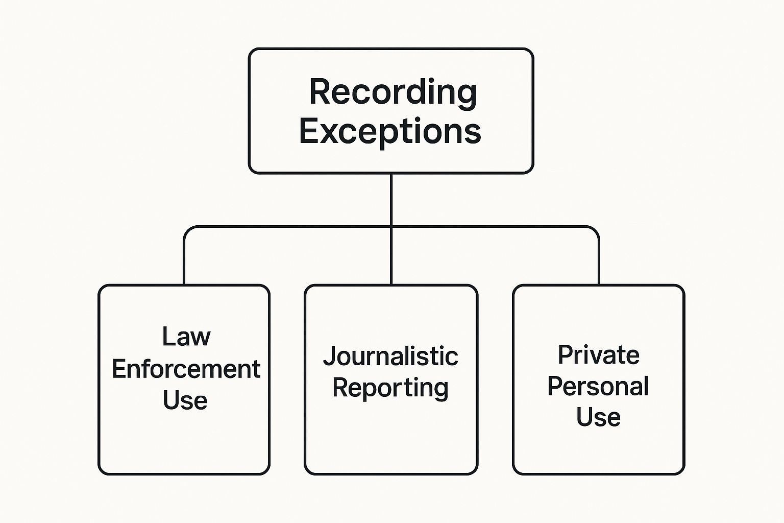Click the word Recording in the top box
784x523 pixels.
point(393,92)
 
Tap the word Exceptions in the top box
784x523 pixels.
point(390,131)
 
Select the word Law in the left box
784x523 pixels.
point(186,337)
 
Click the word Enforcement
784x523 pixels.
point(186,369)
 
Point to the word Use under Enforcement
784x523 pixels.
point(185,400)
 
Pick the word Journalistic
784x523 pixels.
point(390,356)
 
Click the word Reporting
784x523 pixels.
point(390,388)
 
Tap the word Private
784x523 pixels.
point(598,354)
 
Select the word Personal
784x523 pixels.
point(598,386)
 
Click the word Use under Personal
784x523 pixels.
point(598,417)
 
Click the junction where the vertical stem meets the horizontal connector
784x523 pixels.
point(391,226)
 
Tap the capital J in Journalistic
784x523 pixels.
point(329,356)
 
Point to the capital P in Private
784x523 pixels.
point(565,354)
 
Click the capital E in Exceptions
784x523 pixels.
point(309,131)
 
